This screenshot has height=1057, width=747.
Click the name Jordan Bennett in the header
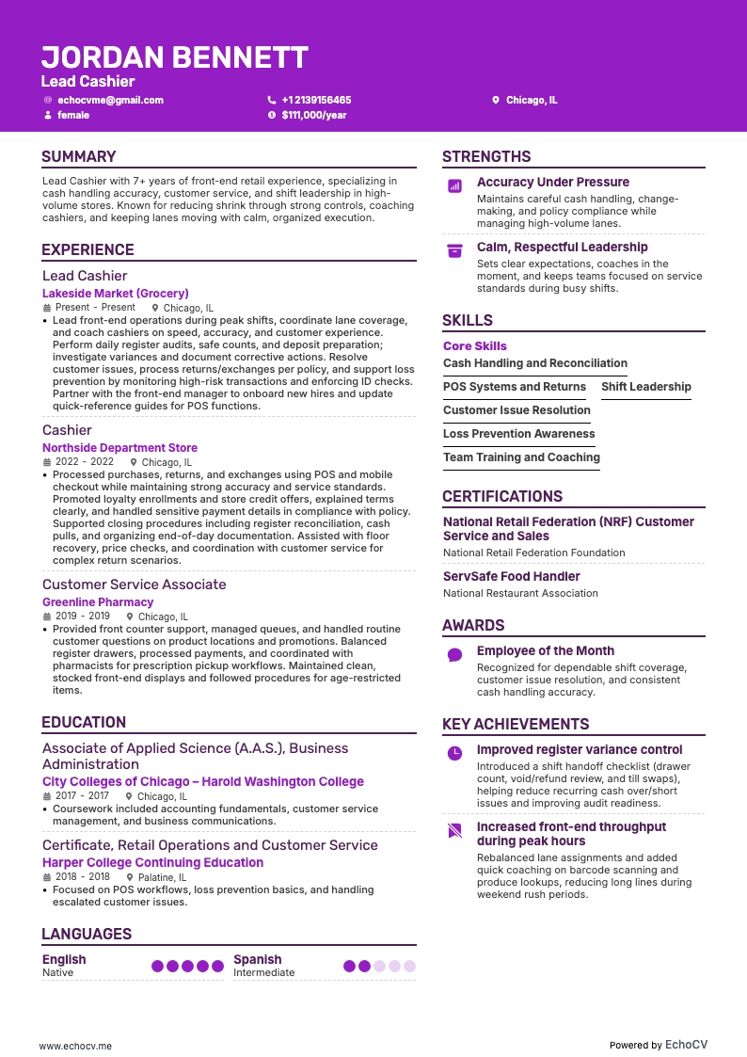tap(175, 57)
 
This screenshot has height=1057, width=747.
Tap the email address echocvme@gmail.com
tap(110, 100)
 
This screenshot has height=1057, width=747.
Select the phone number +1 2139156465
tap(316, 100)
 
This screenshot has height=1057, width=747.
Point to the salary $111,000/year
tap(314, 115)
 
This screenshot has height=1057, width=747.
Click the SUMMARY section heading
tap(79, 156)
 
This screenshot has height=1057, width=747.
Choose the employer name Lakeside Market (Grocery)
tap(116, 294)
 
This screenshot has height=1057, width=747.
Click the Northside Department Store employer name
tap(119, 448)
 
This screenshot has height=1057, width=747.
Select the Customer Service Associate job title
tap(135, 585)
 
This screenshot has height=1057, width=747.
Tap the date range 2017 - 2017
tap(83, 796)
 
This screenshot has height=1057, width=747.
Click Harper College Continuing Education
tap(152, 862)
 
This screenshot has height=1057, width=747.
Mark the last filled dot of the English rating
tap(217, 966)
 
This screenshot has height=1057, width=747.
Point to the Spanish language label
tap(258, 960)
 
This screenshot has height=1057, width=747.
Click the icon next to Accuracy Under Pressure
tap(454, 186)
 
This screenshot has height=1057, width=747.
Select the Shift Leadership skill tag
tap(646, 387)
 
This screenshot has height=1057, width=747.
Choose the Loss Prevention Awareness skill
tap(519, 434)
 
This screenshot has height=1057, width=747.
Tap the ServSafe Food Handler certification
tap(512, 576)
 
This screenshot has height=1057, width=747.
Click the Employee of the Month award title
tap(546, 650)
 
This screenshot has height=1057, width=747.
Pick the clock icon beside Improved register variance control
tap(454, 753)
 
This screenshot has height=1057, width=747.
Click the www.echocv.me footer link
tap(75, 1045)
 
